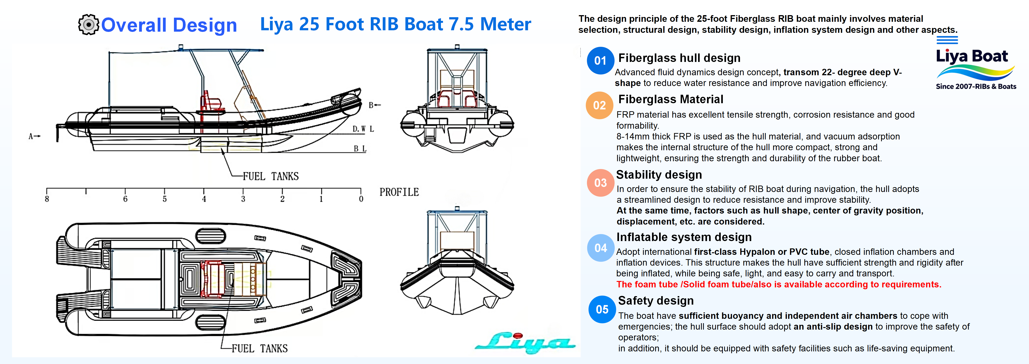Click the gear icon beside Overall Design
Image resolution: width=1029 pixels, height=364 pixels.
pos(88,25)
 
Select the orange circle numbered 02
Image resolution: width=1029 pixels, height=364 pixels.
pos(599,105)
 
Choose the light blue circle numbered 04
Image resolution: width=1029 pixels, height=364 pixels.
pos(600,248)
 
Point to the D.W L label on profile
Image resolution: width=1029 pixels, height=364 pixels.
pos(363,129)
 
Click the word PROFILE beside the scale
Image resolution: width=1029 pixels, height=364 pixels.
pos(399,192)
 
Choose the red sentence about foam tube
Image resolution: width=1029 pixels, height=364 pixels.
pos(779,284)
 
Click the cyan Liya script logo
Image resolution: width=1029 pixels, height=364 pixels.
pos(525,342)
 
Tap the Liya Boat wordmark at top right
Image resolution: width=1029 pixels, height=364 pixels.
pos(971,56)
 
